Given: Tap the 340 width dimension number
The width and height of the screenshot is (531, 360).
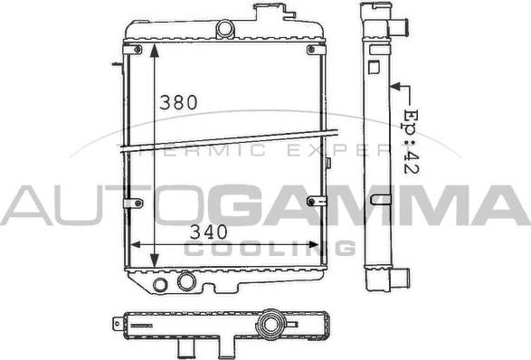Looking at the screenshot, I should point(210,231).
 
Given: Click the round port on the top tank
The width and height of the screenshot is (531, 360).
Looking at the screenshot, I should point(225,29).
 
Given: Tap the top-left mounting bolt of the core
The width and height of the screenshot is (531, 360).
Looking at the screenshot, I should point(136,48).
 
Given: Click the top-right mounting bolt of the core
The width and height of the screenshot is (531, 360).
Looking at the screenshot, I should point(313,48).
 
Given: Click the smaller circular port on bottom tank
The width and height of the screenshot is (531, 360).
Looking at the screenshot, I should point(160,286).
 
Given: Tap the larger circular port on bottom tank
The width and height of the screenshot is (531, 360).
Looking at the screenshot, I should point(186,282).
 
